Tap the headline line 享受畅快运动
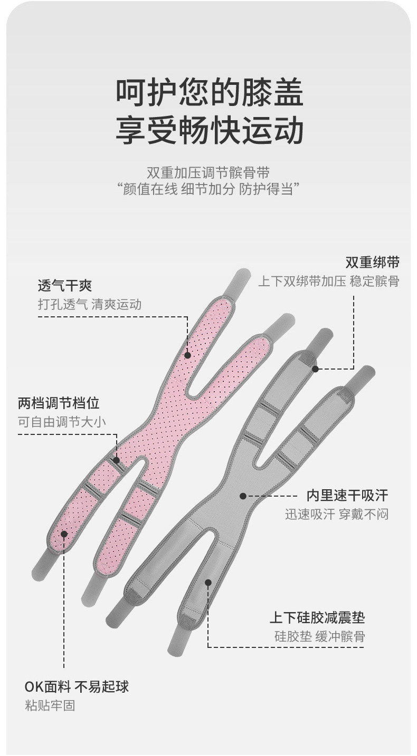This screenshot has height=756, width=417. (x=210, y=131)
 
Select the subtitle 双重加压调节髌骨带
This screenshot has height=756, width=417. (x=209, y=172)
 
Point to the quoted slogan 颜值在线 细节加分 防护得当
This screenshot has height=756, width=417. (x=209, y=189)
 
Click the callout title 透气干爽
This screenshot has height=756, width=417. (x=65, y=286)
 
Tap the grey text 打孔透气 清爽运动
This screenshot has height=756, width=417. (x=89, y=304)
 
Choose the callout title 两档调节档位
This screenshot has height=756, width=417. (x=59, y=404)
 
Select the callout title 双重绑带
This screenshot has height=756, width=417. (x=372, y=263)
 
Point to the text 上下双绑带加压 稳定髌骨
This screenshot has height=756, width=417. (x=328, y=281)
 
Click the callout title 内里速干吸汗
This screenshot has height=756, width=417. (x=347, y=495)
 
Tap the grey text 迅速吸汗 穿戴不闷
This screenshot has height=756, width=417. (x=337, y=514)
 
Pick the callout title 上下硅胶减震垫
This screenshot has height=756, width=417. (x=317, y=617)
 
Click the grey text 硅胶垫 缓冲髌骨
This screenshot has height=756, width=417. (x=319, y=636)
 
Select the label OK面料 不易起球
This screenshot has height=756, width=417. (x=77, y=686)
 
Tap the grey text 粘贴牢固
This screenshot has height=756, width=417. (x=50, y=705)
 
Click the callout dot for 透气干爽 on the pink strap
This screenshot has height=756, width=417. (x=187, y=355)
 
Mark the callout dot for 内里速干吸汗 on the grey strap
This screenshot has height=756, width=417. (x=243, y=496)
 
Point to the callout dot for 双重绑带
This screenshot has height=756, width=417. (x=315, y=369)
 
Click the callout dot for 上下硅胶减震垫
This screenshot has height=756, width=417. (x=208, y=583)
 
